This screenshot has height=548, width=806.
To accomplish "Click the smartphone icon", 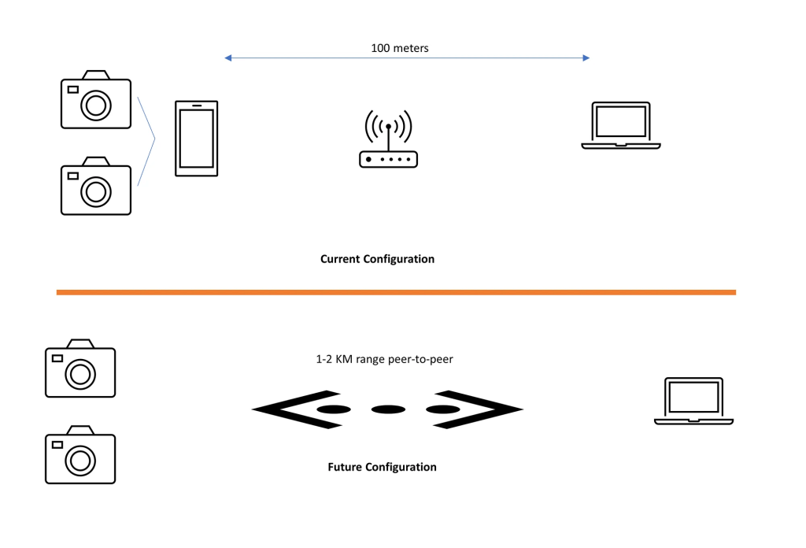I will coord(196,138).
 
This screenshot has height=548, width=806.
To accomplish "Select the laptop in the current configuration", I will coord(621,125).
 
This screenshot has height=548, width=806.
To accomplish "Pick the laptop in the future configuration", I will coord(693,402).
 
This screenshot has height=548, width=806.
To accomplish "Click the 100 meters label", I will coord(400,48).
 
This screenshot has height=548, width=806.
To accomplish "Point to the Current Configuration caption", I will coord(377,259).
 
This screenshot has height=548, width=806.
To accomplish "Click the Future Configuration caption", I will coord(382,467).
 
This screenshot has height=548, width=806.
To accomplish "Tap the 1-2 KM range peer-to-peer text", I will coord(384,359).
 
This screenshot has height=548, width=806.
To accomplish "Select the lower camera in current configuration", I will coord(96,186).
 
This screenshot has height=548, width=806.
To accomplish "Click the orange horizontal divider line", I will coord(396,292).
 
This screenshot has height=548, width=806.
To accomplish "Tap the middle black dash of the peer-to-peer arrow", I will coord(387,409).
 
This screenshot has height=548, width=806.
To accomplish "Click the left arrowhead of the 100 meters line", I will coord(228,57).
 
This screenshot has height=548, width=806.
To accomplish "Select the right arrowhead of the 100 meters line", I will coord(586,57).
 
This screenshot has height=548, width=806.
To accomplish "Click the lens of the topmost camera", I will coord(95,105).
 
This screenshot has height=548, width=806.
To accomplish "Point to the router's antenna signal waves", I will coord(388,124).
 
